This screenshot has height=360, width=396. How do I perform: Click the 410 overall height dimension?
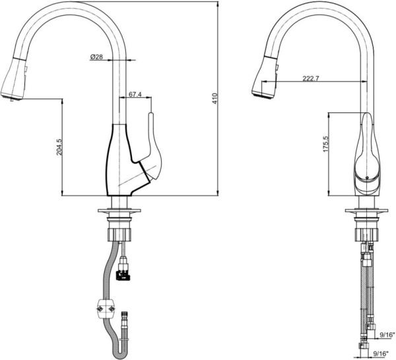[x=215, y=98]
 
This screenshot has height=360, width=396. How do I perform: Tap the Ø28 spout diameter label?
[x=96, y=57]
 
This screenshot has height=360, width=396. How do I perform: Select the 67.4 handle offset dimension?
[x=135, y=94]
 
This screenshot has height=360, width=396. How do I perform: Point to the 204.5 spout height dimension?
[x=59, y=147]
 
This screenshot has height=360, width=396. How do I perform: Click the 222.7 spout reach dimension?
[x=311, y=79]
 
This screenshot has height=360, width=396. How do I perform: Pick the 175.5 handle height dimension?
[x=325, y=144]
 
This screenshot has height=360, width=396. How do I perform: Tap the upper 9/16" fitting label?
[x=387, y=335]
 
